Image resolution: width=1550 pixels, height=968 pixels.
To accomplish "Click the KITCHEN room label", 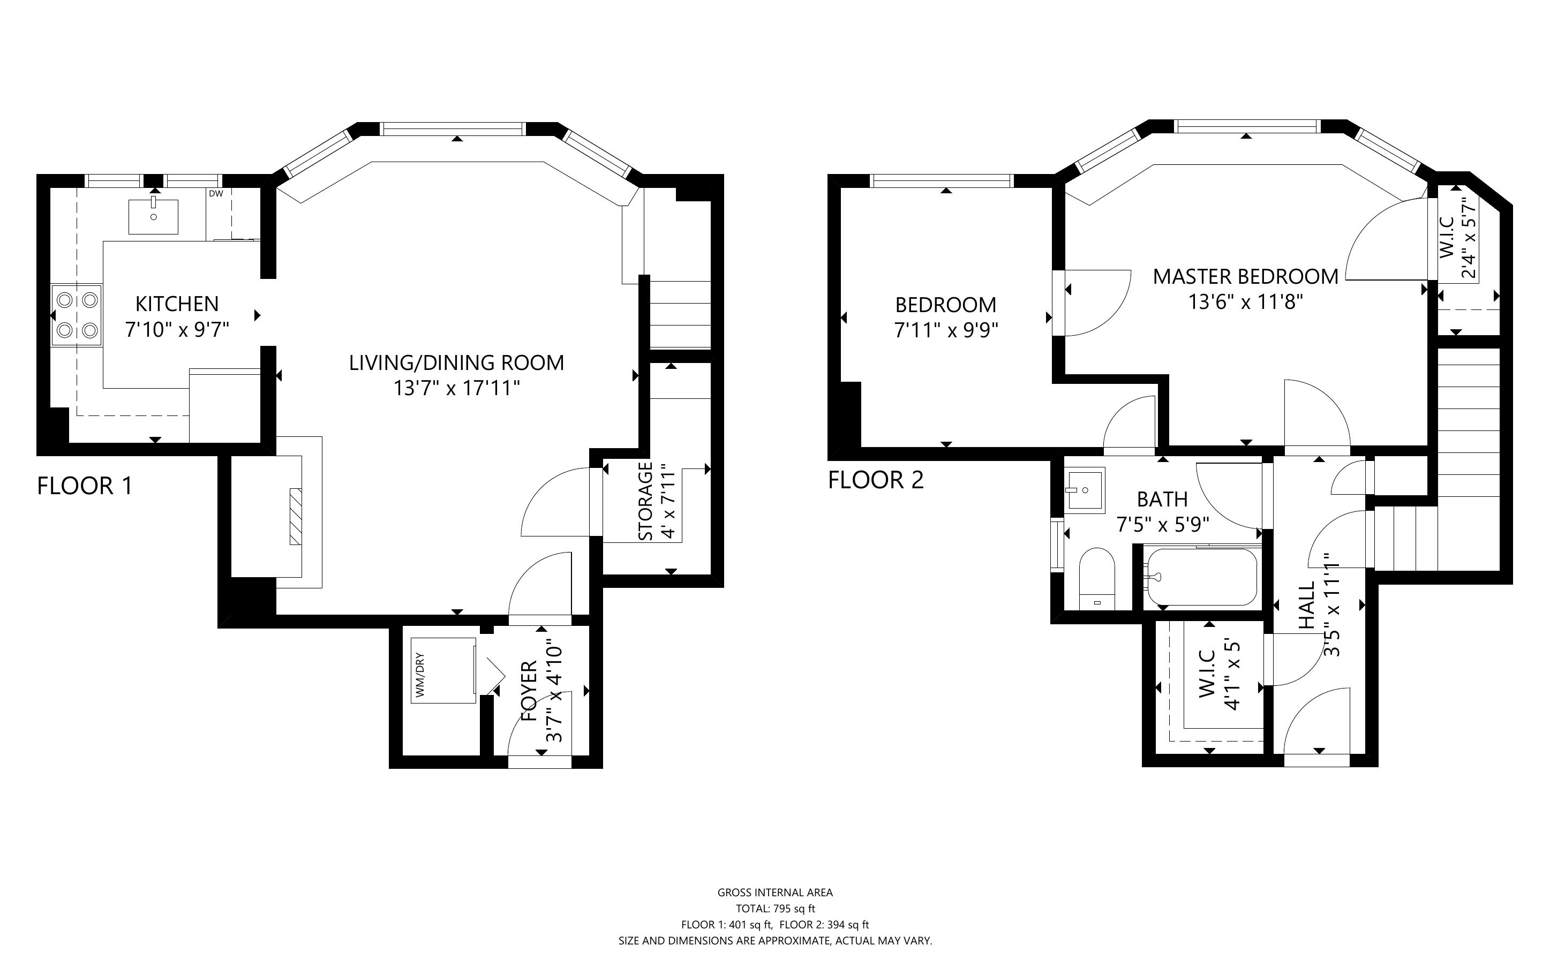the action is click(177, 304).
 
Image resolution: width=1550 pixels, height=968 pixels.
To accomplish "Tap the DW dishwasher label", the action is click(216, 193).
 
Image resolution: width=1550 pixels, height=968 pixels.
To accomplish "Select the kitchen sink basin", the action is click(154, 216).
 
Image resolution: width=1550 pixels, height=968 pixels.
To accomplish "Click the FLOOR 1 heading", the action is click(85, 486).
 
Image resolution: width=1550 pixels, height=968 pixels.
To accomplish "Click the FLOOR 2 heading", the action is click(876, 480).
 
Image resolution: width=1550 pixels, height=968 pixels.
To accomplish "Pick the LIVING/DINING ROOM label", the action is click(456, 363).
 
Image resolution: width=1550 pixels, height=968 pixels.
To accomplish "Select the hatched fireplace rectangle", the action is click(296, 517).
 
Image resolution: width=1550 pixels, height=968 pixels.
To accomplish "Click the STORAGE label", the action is click(646, 501).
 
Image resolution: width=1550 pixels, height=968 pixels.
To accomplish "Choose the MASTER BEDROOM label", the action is click(1246, 277).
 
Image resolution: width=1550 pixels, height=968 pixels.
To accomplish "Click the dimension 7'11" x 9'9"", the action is click(946, 330).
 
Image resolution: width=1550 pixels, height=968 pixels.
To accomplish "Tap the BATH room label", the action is click(1163, 499).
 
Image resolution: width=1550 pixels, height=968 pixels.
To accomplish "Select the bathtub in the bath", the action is click(1202, 577).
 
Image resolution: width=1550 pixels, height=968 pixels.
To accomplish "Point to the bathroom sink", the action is click(1085, 491).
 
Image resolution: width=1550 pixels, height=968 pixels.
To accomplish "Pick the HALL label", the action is click(1306, 605).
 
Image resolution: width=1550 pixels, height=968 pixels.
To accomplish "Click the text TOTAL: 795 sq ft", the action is click(776, 909).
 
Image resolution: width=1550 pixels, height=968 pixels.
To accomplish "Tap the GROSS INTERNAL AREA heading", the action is click(776, 893).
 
